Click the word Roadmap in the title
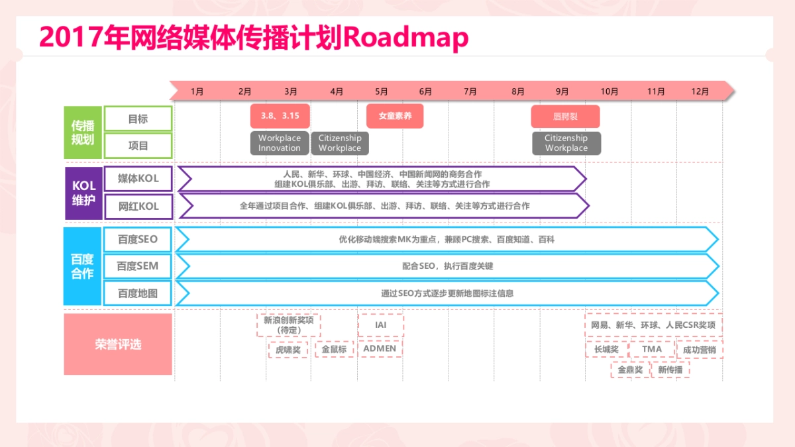coord(406,38)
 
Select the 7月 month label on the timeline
coord(470,91)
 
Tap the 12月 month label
coord(700,91)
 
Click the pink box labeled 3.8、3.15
coord(280,116)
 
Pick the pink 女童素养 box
coord(395,116)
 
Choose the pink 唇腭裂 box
coord(565,116)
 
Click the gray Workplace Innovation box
coord(280,143)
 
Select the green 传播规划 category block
coord(83,132)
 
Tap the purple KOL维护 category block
coord(83,193)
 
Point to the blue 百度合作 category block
coord(83,266)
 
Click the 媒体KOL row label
coord(138,179)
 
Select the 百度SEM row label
coord(138,266)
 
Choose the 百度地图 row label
coord(138,293)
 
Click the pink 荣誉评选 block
coord(118,344)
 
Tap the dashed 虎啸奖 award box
coord(288,350)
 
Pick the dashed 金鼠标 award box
coord(335,349)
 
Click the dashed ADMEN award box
coord(380,348)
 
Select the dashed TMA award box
coord(652,349)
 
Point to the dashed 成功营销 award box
coord(700,349)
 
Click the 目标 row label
coord(138,119)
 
